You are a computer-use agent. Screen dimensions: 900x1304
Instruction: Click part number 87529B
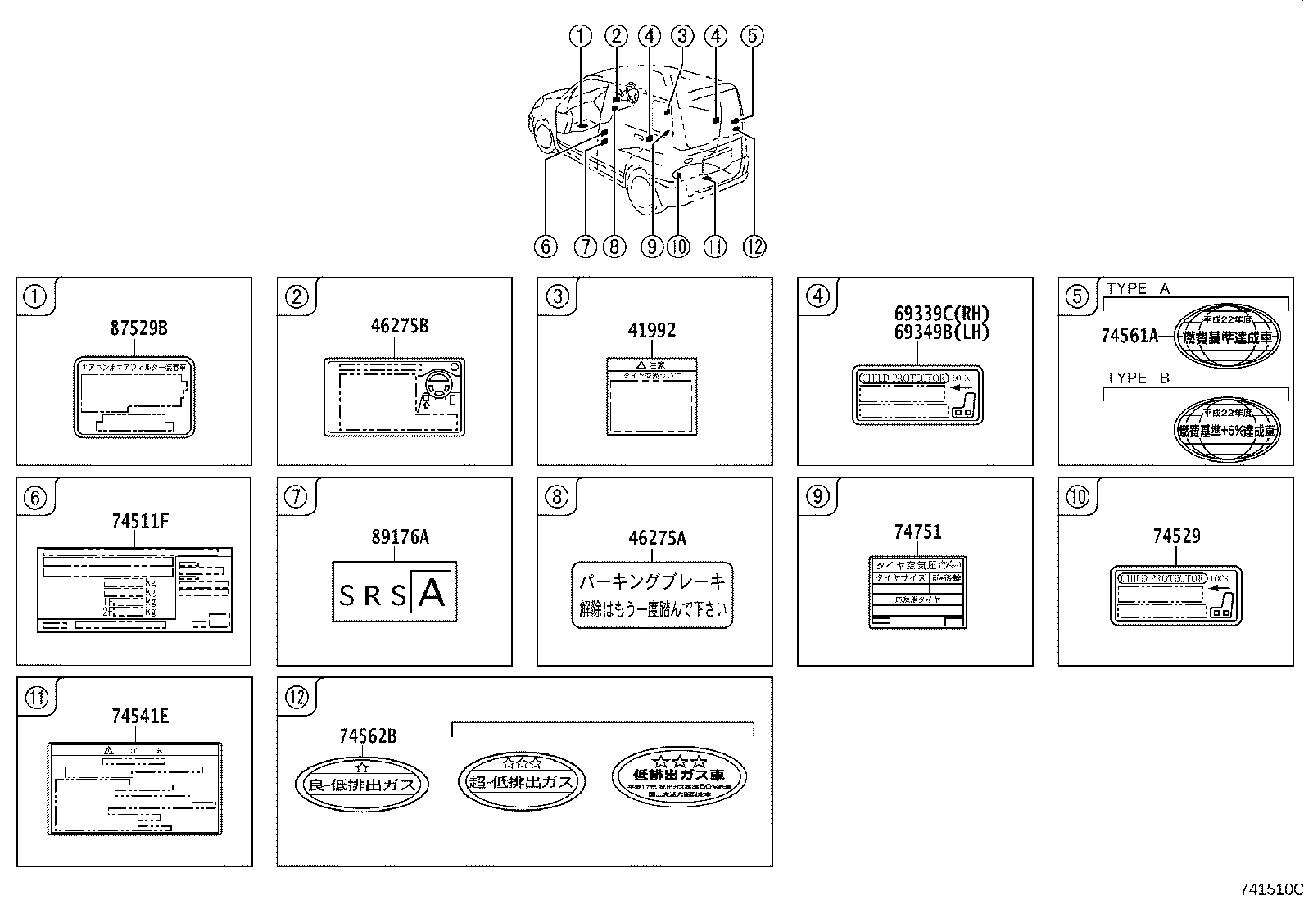coord(138,328)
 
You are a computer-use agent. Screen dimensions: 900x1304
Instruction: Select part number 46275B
coord(399,327)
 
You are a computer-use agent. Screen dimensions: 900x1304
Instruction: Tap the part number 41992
coord(651,331)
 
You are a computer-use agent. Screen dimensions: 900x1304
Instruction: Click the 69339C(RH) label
coord(941,314)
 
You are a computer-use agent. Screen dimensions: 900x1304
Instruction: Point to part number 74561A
coord(1129,335)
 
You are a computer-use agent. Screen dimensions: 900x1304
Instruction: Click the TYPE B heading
coord(1139,378)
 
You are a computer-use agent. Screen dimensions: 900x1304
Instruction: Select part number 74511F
coord(140,522)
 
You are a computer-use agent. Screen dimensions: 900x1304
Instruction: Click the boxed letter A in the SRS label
coord(432,592)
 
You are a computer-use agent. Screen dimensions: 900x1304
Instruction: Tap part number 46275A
coord(657,539)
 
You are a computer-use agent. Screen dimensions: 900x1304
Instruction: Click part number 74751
coord(917,532)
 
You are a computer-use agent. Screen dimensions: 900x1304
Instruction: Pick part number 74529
coord(1176,536)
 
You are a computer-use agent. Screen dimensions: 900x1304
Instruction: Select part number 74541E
coord(140,717)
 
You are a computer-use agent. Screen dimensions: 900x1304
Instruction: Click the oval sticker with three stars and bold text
coord(679,776)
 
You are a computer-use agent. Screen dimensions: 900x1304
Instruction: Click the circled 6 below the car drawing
coord(545,246)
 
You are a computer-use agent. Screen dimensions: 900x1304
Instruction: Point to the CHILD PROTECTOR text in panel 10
coord(1161,579)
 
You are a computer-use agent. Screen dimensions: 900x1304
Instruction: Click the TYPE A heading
coord(1139,288)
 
